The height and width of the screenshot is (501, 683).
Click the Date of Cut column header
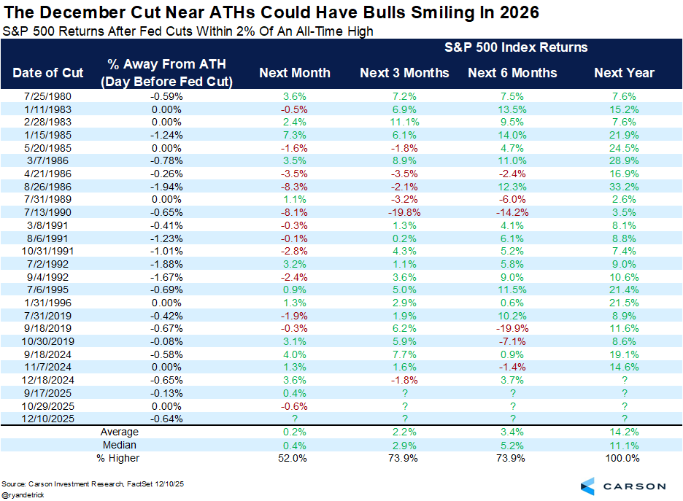point(48,72)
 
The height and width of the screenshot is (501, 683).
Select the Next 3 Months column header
point(404,72)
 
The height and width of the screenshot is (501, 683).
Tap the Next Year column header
point(624,72)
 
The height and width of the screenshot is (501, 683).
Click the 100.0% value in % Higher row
point(624,459)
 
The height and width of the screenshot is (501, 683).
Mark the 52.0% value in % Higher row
point(295,459)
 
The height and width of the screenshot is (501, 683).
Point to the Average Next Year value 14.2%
point(624,432)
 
